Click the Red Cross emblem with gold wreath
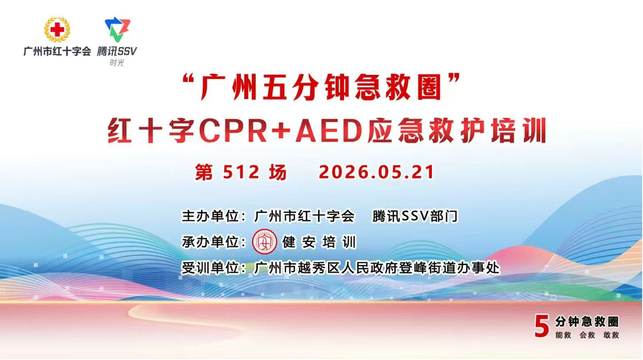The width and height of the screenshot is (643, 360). click(57, 29)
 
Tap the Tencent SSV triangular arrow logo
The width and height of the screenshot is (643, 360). click(118, 29)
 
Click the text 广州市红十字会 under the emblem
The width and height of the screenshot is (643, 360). click(57, 51)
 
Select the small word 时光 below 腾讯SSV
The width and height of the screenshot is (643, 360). click(117, 63)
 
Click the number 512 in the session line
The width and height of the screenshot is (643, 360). click(241, 172)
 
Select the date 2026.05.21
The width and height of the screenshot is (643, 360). click(376, 172)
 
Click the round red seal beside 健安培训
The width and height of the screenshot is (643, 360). click(264, 242)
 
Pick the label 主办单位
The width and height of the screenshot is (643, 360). click(210, 216)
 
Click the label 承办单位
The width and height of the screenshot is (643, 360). click(210, 242)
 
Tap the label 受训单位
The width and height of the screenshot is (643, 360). click(210, 268)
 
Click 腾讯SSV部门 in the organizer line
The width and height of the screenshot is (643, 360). click(415, 216)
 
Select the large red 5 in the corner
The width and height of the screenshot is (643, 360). click(542, 325)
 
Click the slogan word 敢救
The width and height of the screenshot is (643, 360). click(611, 335)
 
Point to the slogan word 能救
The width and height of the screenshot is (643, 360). click(563, 335)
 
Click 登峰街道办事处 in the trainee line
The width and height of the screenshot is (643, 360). click(449, 268)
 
